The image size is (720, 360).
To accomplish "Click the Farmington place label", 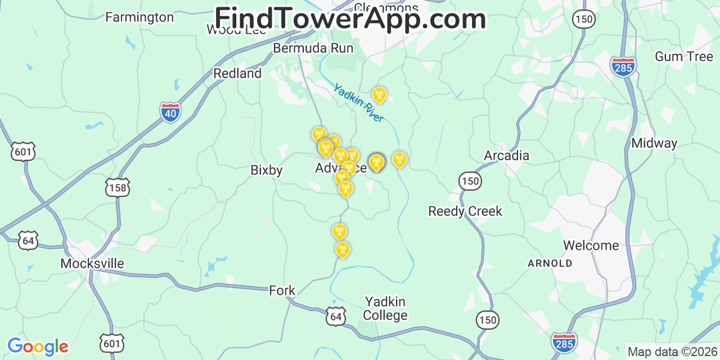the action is (x=139, y=17).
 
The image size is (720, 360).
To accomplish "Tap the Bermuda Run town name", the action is (x=313, y=48).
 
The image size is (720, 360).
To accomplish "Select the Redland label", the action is (x=237, y=74).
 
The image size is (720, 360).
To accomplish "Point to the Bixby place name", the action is (x=267, y=170).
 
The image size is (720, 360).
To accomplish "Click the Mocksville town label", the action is (x=92, y=264).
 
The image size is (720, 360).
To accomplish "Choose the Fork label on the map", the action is (x=282, y=291).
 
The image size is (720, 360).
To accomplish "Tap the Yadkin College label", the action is (x=385, y=309).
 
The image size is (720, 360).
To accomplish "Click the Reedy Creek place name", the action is (x=465, y=211).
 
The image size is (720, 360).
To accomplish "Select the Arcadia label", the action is (x=506, y=156).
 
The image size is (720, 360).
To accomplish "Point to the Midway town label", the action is (x=654, y=143).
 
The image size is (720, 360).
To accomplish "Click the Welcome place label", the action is (x=591, y=246).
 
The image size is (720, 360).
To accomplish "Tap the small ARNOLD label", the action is (x=550, y=263).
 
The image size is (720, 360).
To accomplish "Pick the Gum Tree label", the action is (x=684, y=57).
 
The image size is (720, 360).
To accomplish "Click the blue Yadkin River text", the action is (x=358, y=103).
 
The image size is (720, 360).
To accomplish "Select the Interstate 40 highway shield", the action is (x=170, y=112).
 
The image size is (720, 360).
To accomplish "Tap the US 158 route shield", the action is (x=117, y=187).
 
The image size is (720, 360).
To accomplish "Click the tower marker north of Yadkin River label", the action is (x=380, y=94).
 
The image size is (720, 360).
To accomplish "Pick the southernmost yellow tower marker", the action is (x=343, y=249).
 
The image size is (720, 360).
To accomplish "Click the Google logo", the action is (x=37, y=346).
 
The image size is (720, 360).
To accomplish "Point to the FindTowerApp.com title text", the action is (x=350, y=19).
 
